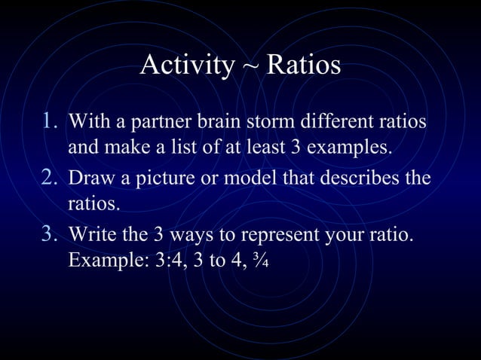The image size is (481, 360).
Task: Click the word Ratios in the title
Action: coord(303,66)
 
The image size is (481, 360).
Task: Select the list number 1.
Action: coord(50,121)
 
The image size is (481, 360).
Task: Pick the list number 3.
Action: coord(50,236)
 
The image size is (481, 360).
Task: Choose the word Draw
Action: coord(90,179)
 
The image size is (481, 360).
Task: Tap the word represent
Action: coord(259,238)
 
